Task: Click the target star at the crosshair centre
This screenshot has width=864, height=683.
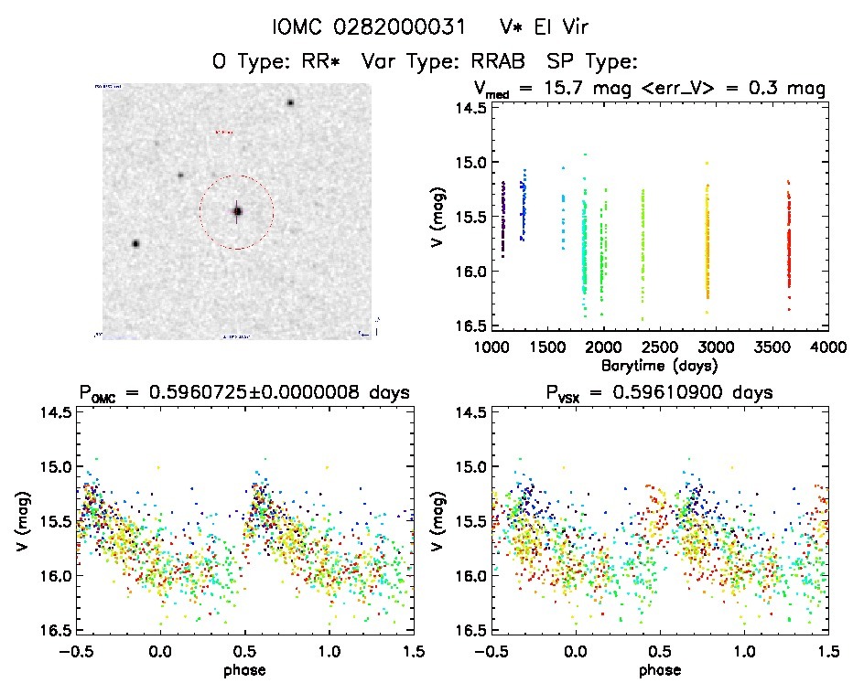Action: coord(237,211)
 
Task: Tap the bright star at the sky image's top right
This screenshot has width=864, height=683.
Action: coord(290,102)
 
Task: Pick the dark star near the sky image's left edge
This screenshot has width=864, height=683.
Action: coord(136,243)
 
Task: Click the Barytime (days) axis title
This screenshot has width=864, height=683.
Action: coord(660,365)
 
